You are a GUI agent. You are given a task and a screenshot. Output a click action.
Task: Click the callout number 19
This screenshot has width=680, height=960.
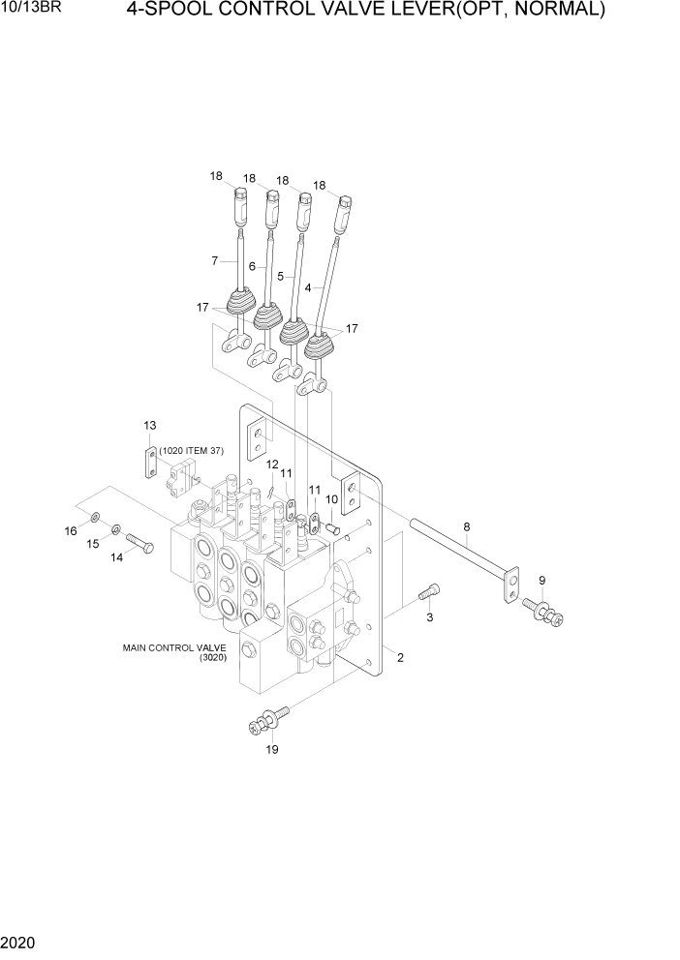[272, 749]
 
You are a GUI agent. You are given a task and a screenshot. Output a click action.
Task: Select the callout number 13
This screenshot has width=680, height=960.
[149, 426]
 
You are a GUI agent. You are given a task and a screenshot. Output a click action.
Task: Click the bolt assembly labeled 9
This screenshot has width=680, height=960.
[544, 611]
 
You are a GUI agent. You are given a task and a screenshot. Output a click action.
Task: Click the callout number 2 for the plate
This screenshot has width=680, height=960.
[400, 658]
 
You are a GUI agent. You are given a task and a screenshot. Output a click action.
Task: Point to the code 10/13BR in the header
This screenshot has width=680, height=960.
[28, 11]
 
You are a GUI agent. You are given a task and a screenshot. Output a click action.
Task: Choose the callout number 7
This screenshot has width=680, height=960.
[215, 260]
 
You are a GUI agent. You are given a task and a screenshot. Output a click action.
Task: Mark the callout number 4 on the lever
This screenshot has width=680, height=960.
[308, 287]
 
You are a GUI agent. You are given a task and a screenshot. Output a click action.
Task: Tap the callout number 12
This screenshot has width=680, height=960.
[272, 464]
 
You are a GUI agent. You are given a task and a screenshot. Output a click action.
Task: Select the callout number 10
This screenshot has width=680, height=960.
[331, 499]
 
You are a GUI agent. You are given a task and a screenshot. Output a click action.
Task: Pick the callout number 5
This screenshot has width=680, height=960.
[280, 275]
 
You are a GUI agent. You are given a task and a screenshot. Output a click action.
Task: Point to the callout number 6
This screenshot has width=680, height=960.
[252, 266]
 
